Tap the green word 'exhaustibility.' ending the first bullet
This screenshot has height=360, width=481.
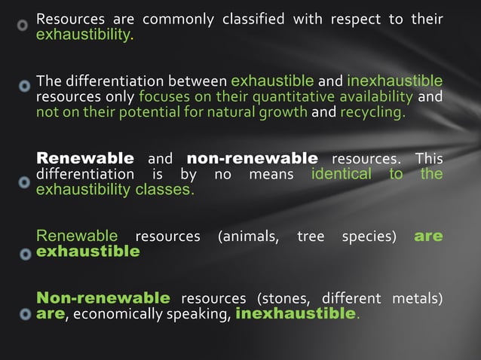(85, 35)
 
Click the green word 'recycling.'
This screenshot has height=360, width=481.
(372, 113)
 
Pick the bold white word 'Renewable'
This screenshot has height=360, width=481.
(85, 159)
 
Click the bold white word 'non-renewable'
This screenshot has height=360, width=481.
(252, 159)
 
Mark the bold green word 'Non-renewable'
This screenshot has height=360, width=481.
(103, 297)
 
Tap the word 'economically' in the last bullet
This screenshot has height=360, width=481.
(112, 313)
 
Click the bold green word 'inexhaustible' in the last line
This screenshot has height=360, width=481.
(295, 313)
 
